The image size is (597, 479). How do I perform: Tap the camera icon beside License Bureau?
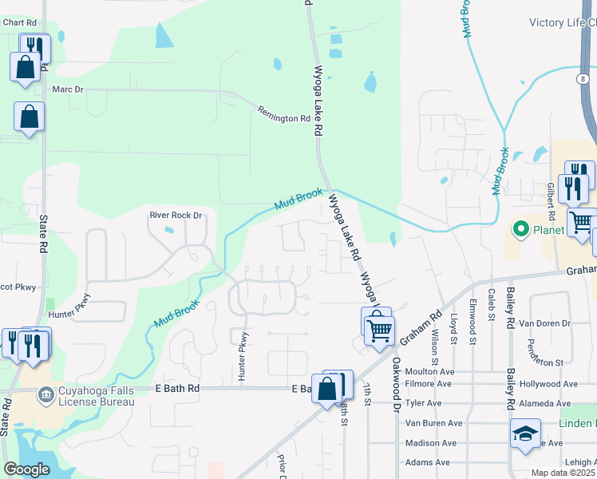(x=46, y=394)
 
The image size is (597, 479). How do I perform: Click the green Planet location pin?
(x=521, y=230)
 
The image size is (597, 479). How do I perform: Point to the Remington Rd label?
(x=283, y=114)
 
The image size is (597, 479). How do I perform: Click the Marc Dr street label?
(x=67, y=89)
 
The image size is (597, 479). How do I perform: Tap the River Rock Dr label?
(x=176, y=215)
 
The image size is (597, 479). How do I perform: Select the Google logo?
(x=26, y=469)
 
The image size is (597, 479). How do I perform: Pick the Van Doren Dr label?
(x=545, y=323)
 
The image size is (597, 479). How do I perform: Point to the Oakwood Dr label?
(x=396, y=384)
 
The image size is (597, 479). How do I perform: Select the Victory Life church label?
(x=563, y=23)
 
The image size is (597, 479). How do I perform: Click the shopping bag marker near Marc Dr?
(x=29, y=117)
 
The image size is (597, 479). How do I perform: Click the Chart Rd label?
(x=21, y=22)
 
